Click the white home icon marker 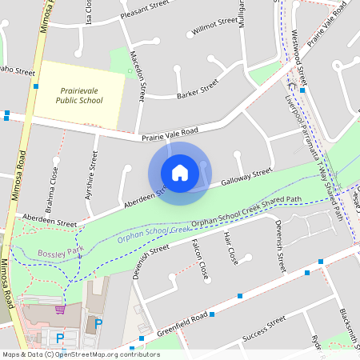180,173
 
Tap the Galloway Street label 246,177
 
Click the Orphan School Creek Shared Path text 248,212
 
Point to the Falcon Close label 203,257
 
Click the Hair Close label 231,248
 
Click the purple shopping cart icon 60,310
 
